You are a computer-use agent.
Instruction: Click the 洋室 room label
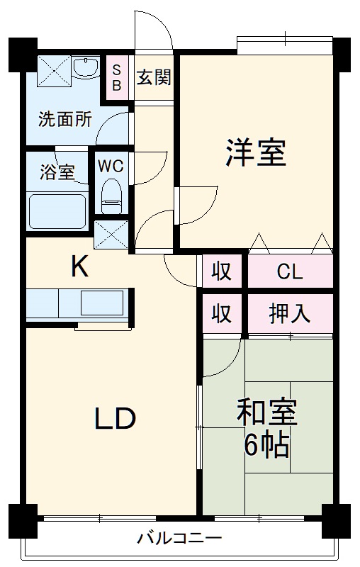[256, 154]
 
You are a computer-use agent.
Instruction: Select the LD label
[115, 420]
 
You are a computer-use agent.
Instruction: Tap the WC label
[111, 167]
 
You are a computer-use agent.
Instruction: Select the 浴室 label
[57, 172]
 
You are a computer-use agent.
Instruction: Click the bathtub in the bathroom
[57, 211]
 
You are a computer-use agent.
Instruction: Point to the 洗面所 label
[64, 119]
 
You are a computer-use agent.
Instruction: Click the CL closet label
[289, 272]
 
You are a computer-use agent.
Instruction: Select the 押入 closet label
[289, 313]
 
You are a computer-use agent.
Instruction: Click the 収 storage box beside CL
[222, 272]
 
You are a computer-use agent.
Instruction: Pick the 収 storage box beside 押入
[222, 313]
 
